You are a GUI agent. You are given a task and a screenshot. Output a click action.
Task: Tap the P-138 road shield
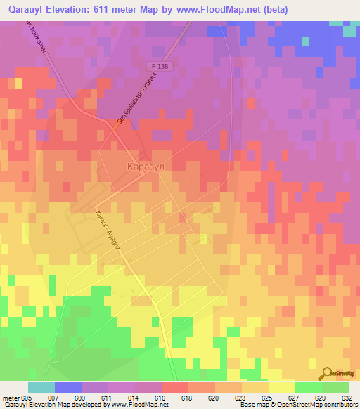pyautogui.click(x=157, y=65)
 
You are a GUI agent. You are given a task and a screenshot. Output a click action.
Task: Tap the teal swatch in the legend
pyautogui.click(x=41, y=387)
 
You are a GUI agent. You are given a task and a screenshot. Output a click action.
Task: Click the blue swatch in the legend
pyautogui.click(x=68, y=387)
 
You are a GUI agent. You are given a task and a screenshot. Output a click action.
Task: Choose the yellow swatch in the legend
pyautogui.click(x=281, y=387)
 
